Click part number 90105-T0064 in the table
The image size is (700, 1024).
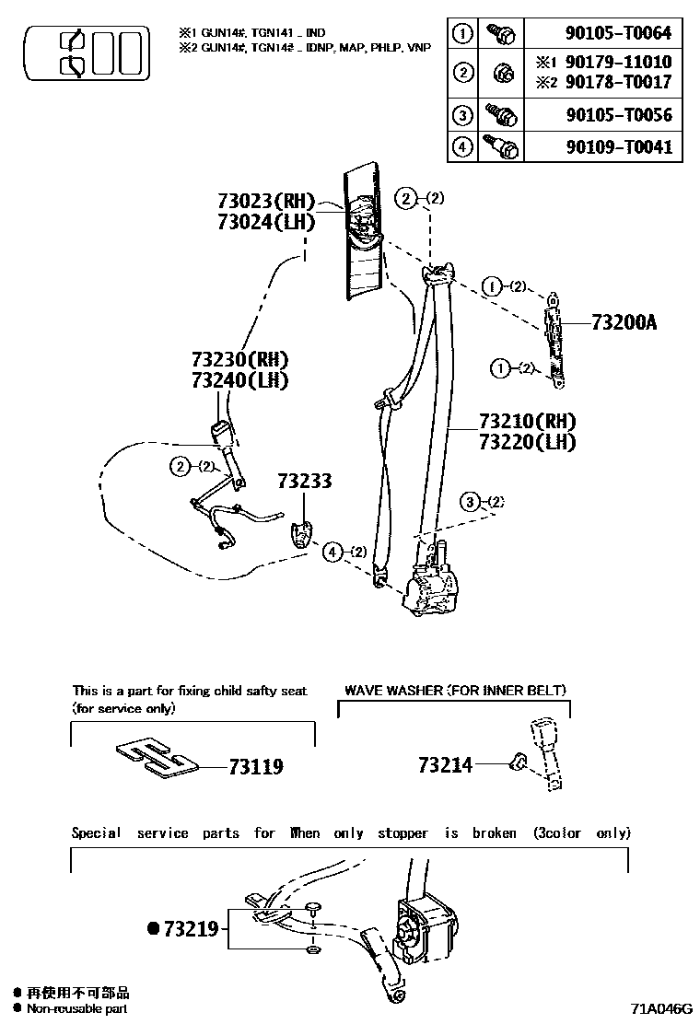click(618, 35)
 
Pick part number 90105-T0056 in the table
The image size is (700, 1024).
click(618, 116)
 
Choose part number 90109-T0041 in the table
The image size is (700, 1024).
click(618, 147)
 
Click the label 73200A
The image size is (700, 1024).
click(624, 322)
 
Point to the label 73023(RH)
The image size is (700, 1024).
click(266, 201)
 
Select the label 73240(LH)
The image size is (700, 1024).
click(239, 379)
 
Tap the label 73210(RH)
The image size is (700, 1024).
click(527, 422)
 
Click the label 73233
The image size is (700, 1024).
click(304, 482)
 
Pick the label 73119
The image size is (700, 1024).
click(255, 766)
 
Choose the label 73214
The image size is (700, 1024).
click(445, 764)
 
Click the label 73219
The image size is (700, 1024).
click(191, 929)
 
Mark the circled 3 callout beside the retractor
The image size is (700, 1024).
click(471, 502)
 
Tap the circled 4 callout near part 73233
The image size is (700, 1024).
click(332, 552)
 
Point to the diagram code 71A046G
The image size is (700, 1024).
click(660, 1008)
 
